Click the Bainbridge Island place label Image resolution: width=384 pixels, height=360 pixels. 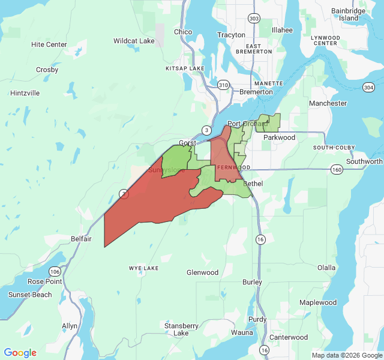pos(349,14)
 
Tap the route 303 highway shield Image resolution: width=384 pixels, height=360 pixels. pos(255,19)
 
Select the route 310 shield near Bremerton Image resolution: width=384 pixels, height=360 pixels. pos(224,85)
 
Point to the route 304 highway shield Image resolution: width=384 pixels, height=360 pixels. pos(368,88)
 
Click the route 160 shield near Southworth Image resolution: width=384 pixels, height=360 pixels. pos(337,170)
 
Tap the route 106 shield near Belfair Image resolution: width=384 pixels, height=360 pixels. pos(56,271)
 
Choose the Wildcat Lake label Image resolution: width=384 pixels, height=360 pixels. pos(134,41)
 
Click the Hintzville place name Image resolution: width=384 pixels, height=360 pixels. pos(25,93)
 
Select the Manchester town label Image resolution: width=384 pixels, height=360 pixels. pos(328,103)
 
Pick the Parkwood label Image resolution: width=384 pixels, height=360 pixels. pos(280,137)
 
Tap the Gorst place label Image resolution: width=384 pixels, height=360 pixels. pos(188,143)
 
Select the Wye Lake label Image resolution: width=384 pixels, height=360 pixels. pos(144,268)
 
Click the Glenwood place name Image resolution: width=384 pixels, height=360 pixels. pos(202,272)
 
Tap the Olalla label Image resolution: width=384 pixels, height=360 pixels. pos(326,268)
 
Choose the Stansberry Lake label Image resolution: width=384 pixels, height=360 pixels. pos(181,329)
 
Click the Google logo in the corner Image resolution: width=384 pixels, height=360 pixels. pos(20,353)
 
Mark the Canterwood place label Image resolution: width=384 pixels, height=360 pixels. pos(288,337)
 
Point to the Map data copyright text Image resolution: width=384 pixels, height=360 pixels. pos(346,355)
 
